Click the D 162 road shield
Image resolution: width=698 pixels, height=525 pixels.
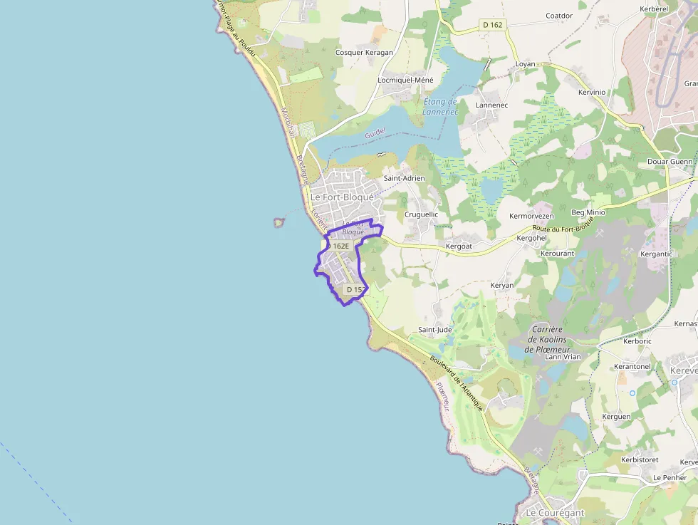[492, 25]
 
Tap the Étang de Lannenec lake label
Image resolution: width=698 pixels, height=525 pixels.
[439, 107]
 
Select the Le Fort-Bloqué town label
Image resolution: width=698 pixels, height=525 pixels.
[342, 197]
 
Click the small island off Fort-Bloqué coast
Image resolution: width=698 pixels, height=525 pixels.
[278, 223]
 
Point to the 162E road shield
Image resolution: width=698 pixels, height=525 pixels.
[340, 246]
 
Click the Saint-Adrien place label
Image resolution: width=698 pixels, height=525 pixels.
[404, 178]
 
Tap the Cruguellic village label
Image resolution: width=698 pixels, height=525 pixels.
[421, 214]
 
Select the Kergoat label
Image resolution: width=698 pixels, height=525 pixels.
[458, 246]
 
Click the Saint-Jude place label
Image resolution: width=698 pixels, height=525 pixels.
[434, 330]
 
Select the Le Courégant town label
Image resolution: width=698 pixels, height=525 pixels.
[554, 513]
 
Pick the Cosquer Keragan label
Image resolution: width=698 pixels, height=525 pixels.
[364, 53]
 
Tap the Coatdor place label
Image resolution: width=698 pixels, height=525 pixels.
[559, 16]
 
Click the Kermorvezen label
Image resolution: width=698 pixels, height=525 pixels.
[531, 216]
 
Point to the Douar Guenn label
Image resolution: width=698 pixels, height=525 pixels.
[669, 162]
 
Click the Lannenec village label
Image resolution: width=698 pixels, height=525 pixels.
[491, 105]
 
